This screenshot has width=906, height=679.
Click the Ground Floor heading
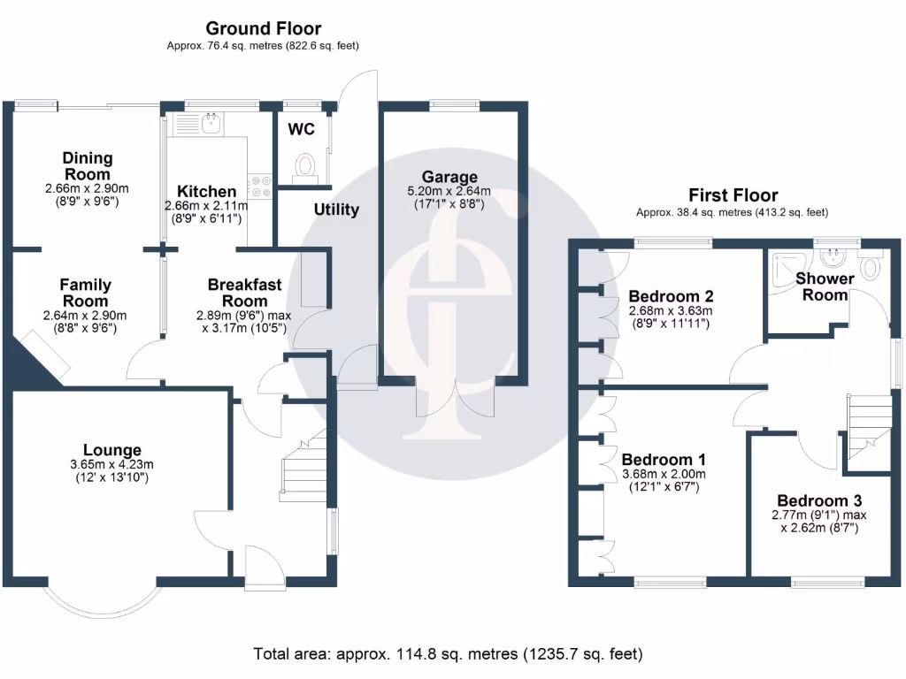[263, 29]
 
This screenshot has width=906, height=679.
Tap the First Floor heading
[733, 195]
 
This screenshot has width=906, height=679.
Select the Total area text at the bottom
[448, 655]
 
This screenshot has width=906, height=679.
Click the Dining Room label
[87, 166]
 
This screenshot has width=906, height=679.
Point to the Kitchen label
[206, 192]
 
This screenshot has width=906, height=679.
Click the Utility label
[337, 210]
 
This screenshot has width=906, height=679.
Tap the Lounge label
[111, 451]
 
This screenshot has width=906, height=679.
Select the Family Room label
[85, 293]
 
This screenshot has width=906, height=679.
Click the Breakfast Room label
[244, 293]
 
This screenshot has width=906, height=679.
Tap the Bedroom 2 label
[671, 296]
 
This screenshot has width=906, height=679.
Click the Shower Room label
[825, 286]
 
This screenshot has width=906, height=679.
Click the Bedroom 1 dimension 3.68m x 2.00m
[664, 475]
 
